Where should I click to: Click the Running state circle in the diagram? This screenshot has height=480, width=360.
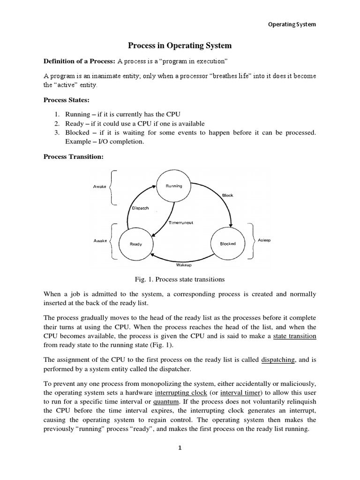coord(174,186)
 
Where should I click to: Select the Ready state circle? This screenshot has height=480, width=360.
coord(136,244)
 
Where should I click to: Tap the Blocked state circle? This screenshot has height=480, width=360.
coord(228,244)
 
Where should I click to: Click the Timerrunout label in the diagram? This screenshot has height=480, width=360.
coord(181,223)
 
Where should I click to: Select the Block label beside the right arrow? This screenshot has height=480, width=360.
coord(228,195)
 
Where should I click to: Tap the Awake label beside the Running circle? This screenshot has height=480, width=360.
coord(100,187)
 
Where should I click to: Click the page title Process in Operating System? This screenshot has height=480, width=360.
coord(180,46)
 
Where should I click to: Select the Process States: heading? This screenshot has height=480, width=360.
coord(66,100)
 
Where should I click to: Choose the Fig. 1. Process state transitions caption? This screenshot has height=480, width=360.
coord(180,279)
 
